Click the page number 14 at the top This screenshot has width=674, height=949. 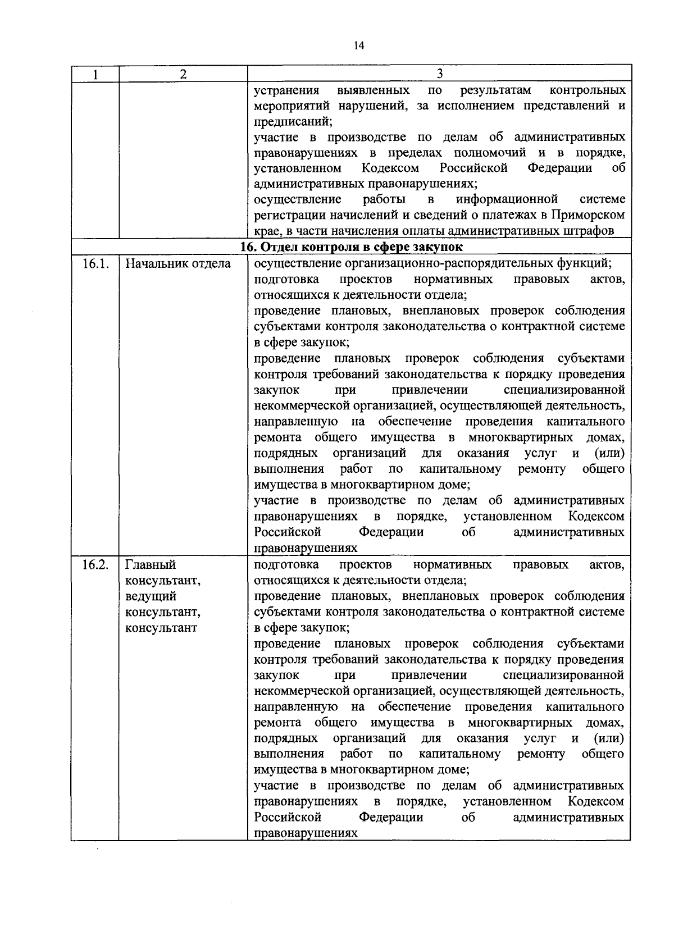click(x=359, y=46)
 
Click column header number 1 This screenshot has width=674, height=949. click(x=95, y=75)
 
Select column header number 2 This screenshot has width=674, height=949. click(x=183, y=75)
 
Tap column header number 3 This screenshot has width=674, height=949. click(x=440, y=74)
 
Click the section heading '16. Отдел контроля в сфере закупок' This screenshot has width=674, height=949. click(x=352, y=248)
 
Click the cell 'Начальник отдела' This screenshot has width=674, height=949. click(x=177, y=264)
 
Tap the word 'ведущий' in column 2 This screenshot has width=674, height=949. click(x=151, y=596)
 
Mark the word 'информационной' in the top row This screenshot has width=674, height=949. click(x=507, y=199)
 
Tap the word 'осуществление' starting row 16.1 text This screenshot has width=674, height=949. click(x=298, y=263)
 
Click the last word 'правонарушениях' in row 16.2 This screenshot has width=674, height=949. click(x=306, y=834)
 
